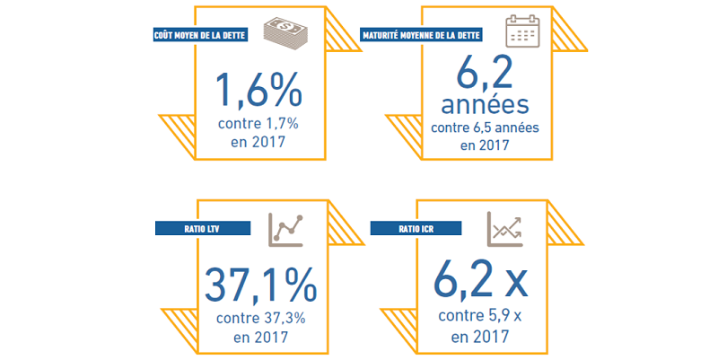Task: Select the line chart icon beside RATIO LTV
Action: pyautogui.click(x=286, y=229)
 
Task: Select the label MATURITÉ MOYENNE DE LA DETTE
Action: pyautogui.click(x=421, y=35)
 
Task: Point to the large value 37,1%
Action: pyautogui.click(x=260, y=284)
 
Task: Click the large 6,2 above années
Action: pyautogui.click(x=485, y=72)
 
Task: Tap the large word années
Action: pyautogui.click(x=485, y=105)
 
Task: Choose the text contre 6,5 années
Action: pyautogui.click(x=485, y=127)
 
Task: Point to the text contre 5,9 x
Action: pyautogui.click(x=478, y=317)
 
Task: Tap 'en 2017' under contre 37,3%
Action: pyautogui.click(x=260, y=338)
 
